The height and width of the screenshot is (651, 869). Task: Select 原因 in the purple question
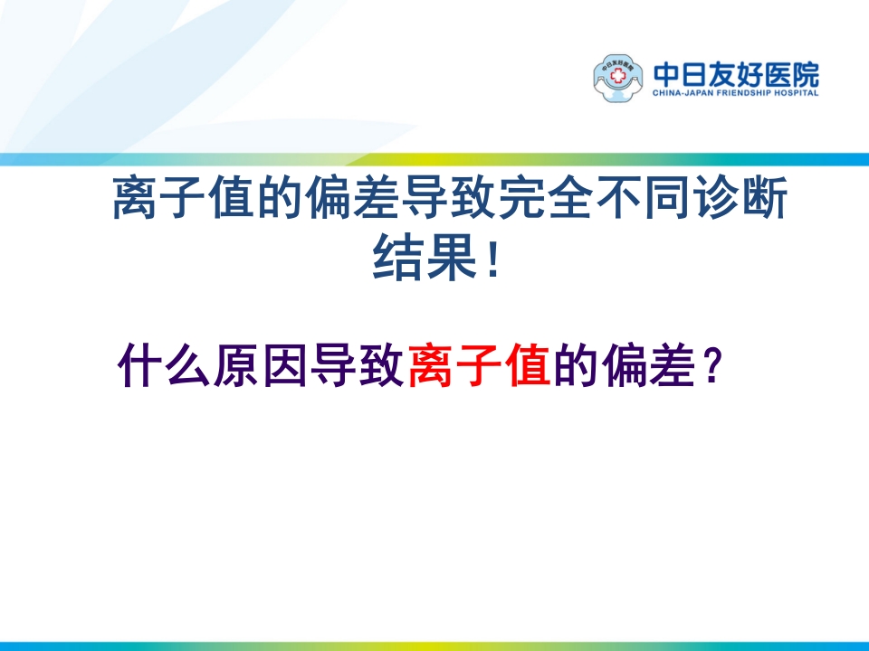262,366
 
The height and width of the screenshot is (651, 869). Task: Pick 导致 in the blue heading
449,202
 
